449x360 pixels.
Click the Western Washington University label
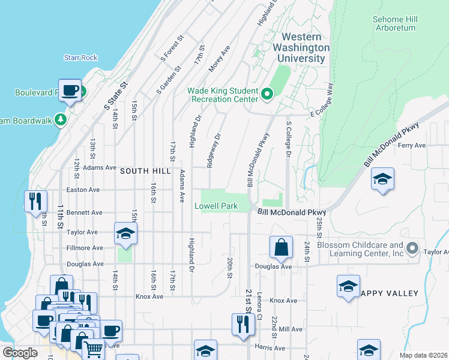[x=301, y=47]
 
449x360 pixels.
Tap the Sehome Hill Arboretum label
[x=394, y=23]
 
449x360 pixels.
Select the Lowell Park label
[x=216, y=206]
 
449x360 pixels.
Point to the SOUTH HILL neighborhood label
[x=142, y=171]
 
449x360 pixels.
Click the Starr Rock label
[x=80, y=58]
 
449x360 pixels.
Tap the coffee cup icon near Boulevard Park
[x=70, y=91]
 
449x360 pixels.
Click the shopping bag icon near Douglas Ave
[x=280, y=247]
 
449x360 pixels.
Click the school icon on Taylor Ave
[x=126, y=233]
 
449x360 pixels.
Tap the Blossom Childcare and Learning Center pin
[x=412, y=248]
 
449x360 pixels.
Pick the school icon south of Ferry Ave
[x=382, y=179]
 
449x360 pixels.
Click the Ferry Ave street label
[x=412, y=145]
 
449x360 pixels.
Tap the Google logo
[x=20, y=352]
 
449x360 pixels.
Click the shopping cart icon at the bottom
[x=93, y=348]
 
